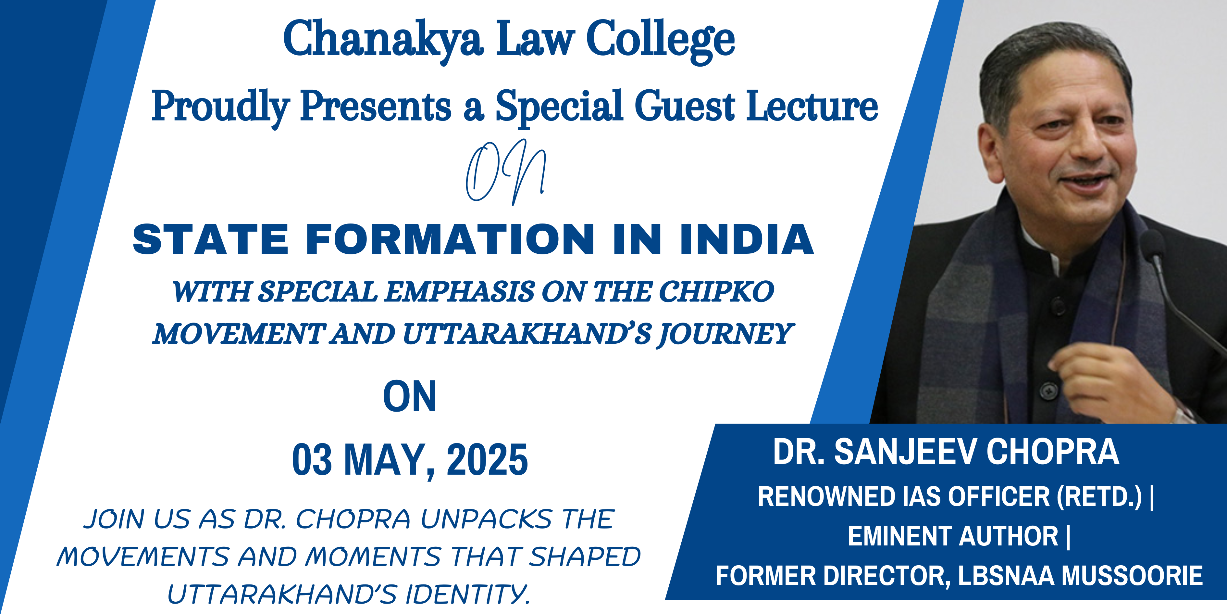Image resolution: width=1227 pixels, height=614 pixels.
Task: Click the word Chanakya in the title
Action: click(x=383, y=41)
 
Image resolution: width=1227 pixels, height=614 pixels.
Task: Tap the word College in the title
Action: click(x=661, y=41)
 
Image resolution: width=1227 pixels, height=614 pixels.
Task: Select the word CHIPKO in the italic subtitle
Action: click(x=716, y=291)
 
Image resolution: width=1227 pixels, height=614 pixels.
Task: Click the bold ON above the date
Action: click(x=410, y=397)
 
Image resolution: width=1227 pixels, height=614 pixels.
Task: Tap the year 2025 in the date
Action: click(x=487, y=460)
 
